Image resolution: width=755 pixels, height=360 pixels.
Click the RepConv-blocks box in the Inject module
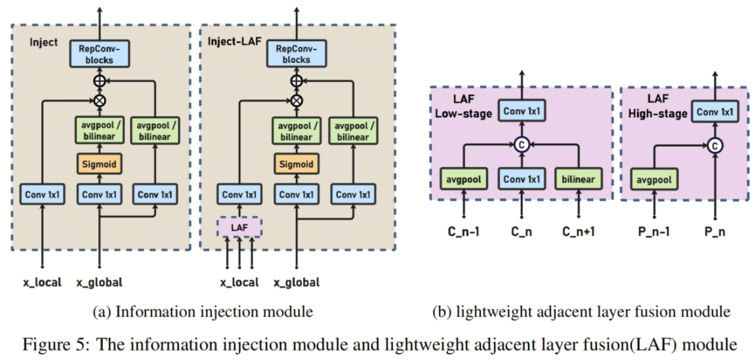(x=100, y=53)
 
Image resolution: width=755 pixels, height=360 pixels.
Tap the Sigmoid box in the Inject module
(x=100, y=165)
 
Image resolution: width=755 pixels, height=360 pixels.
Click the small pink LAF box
(x=240, y=226)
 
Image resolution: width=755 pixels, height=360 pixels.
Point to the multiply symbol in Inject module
(x=100, y=101)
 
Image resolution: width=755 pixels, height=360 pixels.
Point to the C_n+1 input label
(x=578, y=231)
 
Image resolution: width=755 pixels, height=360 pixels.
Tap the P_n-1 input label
(x=654, y=231)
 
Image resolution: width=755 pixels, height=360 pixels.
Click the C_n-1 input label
(x=463, y=231)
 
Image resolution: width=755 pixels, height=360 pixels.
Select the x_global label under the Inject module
(x=100, y=282)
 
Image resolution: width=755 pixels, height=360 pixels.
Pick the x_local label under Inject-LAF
(x=239, y=282)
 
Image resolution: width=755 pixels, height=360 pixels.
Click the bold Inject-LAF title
(x=233, y=42)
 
